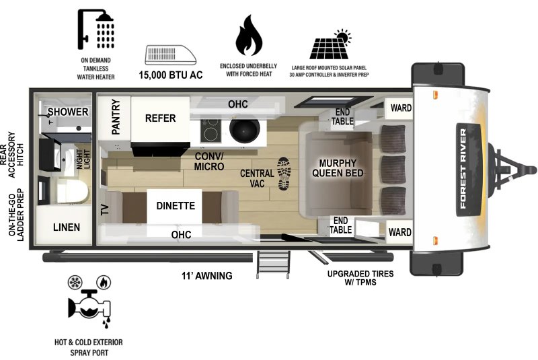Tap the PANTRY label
pos(116,117)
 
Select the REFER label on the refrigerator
pos(160,118)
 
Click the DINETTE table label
pos(176,206)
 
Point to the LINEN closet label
pos(67,227)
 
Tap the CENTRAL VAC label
pos(257,178)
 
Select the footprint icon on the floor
pos(285,172)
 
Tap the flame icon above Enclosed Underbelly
pos(249,36)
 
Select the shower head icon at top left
pos(95,32)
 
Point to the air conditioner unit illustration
pos(171,55)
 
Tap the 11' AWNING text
pos(206,276)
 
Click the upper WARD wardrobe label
pos(399,108)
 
